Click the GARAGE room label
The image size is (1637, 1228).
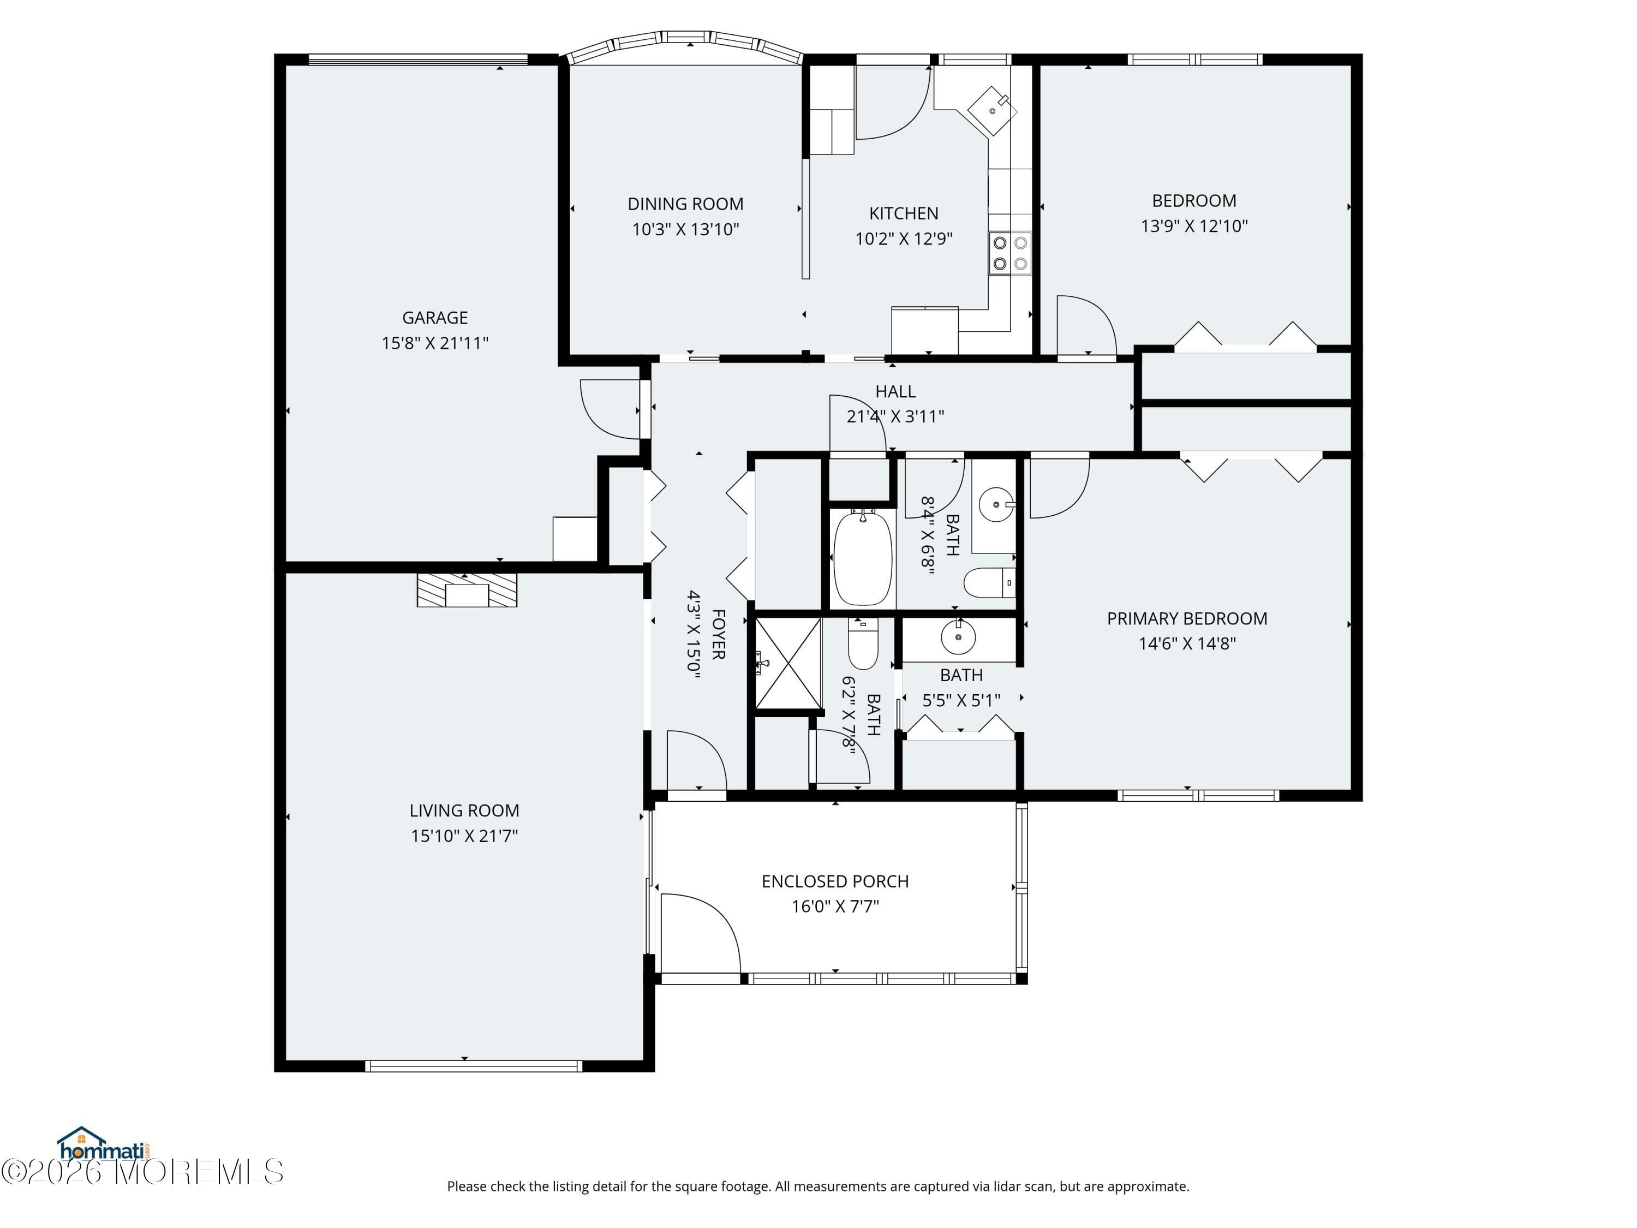(x=434, y=318)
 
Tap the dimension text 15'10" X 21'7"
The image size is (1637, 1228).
(x=464, y=836)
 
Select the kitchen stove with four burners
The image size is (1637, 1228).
(x=1009, y=253)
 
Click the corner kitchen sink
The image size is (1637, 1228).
(x=993, y=110)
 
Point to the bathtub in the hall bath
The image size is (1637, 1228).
(x=862, y=557)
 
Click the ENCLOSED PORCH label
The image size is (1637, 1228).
(x=835, y=881)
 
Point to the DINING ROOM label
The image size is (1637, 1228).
(x=685, y=204)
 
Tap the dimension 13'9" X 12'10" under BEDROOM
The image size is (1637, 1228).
(x=1194, y=226)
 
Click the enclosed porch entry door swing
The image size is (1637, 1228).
(x=700, y=934)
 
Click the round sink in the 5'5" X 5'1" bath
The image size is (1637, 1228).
(x=958, y=637)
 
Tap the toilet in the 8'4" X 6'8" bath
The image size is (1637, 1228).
(x=989, y=582)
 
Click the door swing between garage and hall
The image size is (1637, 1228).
(x=609, y=409)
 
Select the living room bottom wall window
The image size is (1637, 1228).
(x=474, y=1066)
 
